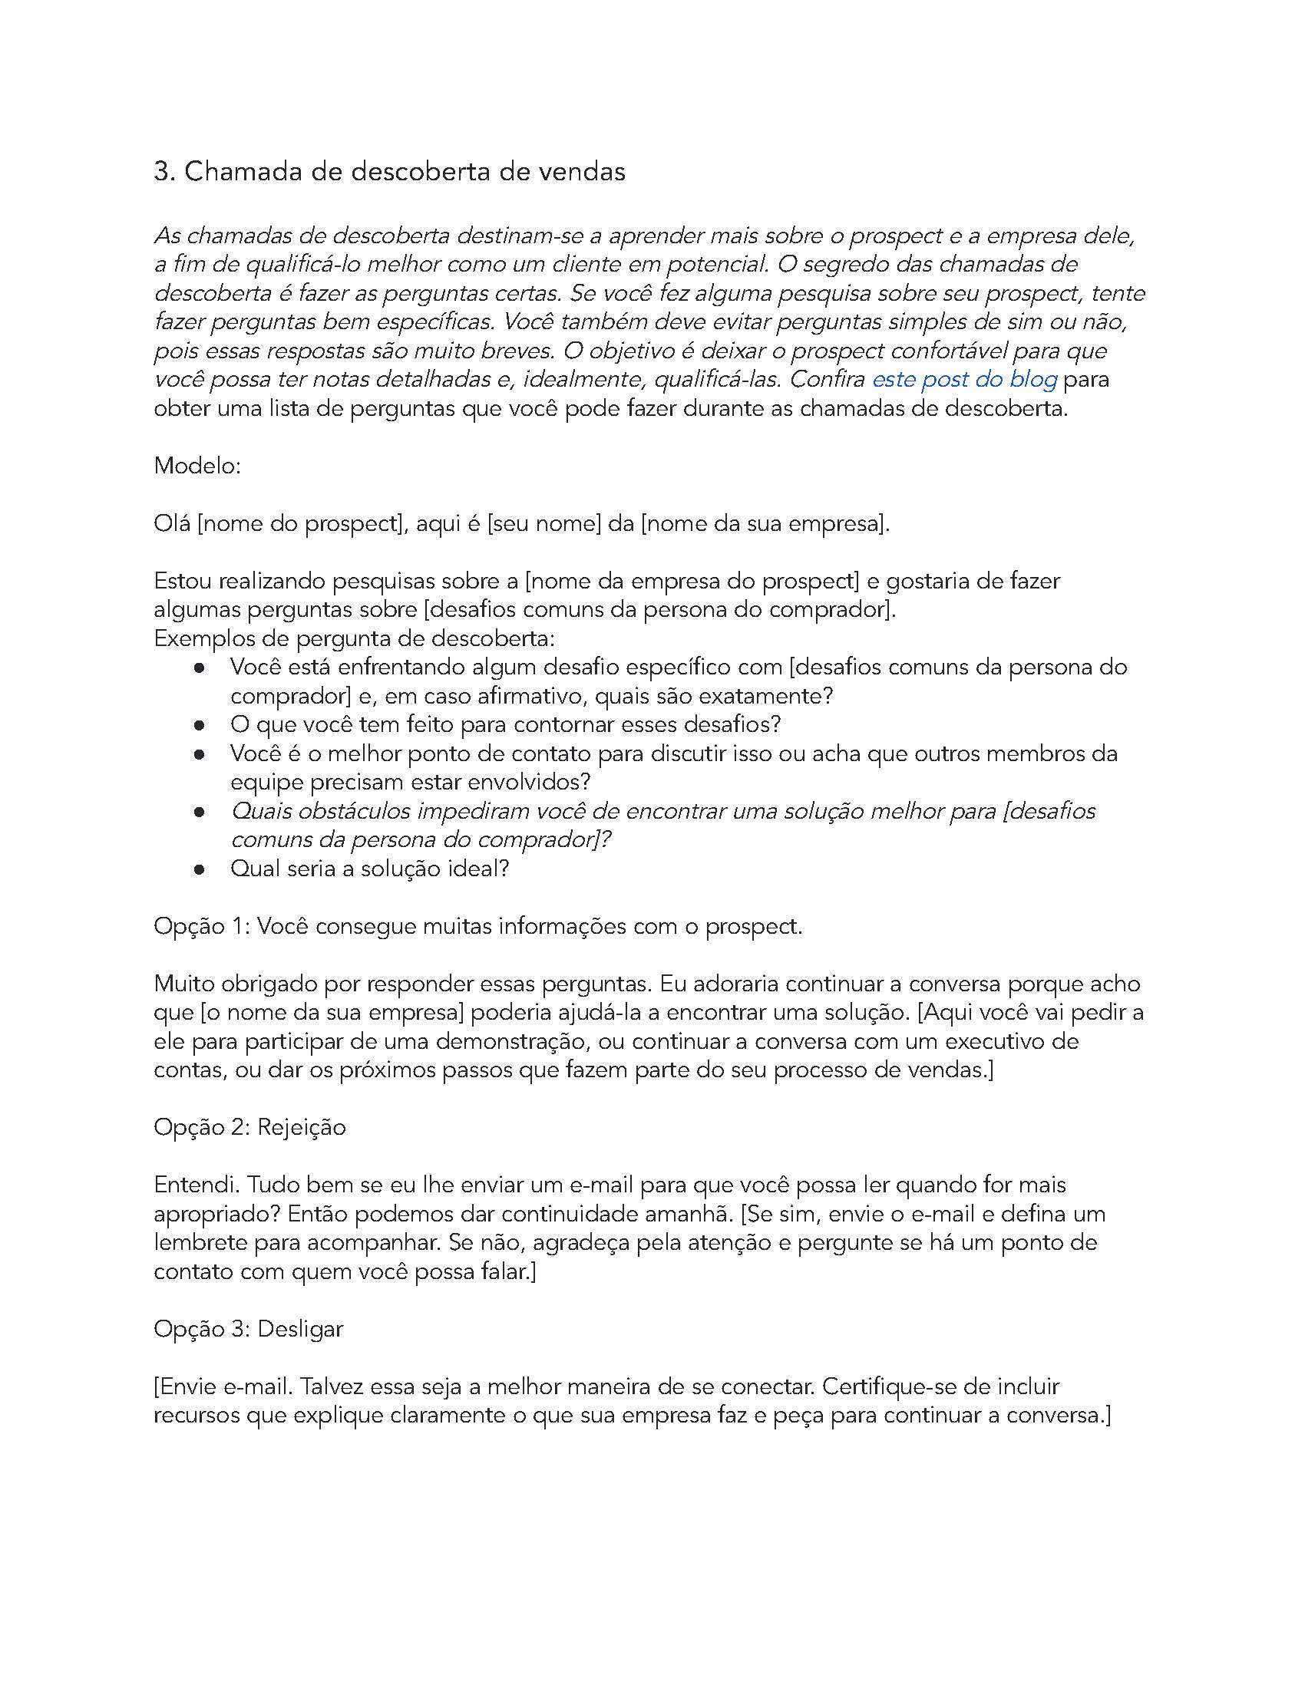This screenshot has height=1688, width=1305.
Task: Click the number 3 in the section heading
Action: pyautogui.click(x=161, y=172)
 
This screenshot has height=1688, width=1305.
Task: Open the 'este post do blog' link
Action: pyautogui.click(x=964, y=380)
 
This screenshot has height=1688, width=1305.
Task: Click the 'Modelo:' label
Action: pyautogui.click(x=198, y=466)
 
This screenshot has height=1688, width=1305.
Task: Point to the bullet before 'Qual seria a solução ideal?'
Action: pyautogui.click(x=199, y=869)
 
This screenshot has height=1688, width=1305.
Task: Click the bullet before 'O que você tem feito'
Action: pyautogui.click(x=199, y=726)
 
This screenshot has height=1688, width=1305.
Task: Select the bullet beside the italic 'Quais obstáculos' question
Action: pyautogui.click(x=199, y=813)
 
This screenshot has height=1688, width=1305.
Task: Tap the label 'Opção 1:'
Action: pyautogui.click(x=202, y=926)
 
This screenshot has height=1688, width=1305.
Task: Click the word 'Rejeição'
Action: pyautogui.click(x=302, y=1128)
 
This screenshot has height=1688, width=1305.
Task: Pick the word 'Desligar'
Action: pyautogui.click(x=300, y=1330)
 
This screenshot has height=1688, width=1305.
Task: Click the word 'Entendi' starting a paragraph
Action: pyautogui.click(x=196, y=1185)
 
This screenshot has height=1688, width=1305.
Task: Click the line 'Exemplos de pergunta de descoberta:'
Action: pyautogui.click(x=354, y=639)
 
